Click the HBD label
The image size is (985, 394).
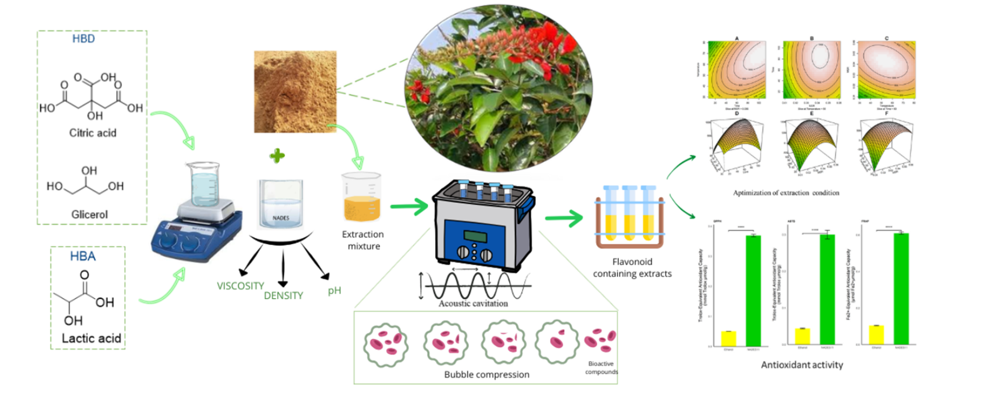click(x=83, y=39)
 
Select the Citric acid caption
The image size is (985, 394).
click(x=93, y=133)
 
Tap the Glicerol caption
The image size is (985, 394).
click(x=90, y=214)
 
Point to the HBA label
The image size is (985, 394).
click(x=83, y=256)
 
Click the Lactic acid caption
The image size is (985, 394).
click(x=91, y=338)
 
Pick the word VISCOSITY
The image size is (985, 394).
click(x=241, y=286)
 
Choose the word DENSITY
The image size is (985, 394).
click(x=283, y=295)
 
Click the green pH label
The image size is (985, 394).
click(x=334, y=291)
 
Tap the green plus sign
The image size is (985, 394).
click(x=278, y=156)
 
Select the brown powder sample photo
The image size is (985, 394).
click(x=295, y=91)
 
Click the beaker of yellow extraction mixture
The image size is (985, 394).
click(x=362, y=199)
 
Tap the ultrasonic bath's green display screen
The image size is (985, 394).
click(x=475, y=235)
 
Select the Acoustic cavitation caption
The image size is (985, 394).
click(x=473, y=303)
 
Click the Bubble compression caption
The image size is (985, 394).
click(x=487, y=374)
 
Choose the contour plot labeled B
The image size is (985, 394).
click(x=812, y=70)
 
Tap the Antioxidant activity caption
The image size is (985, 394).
click(x=802, y=365)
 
